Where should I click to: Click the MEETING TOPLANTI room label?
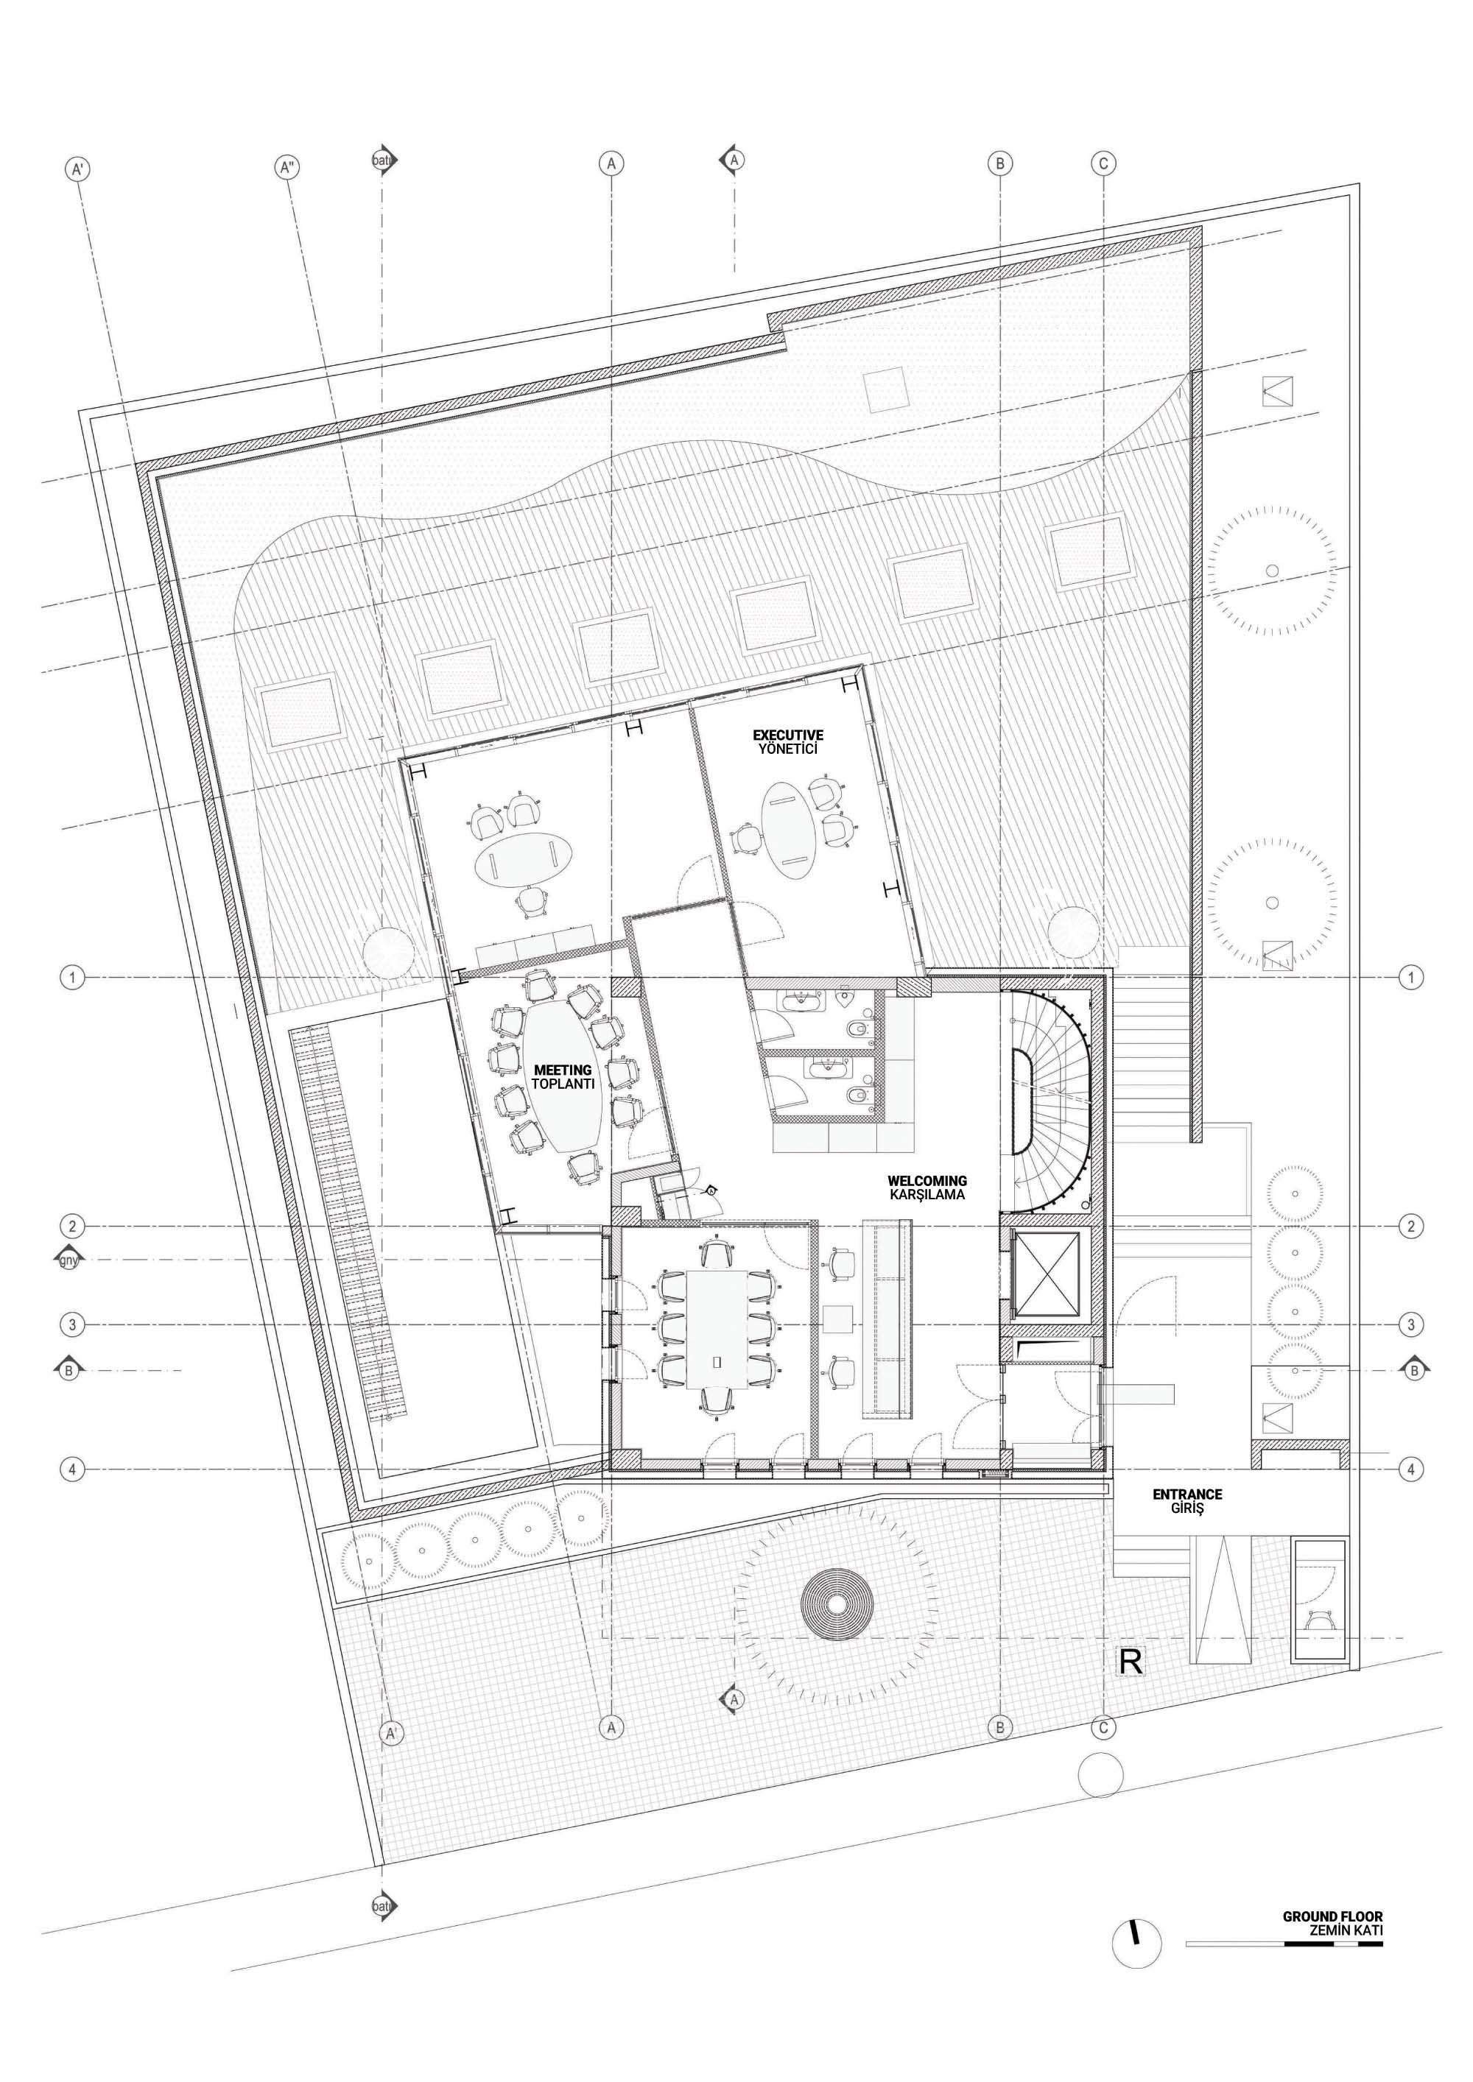563,1077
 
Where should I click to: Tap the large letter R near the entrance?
1131,1662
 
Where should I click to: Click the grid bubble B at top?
999,164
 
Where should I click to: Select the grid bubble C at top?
1103,164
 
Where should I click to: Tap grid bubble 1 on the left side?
73,978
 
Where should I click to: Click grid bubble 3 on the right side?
1410,1325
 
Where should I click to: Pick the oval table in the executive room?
787,825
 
